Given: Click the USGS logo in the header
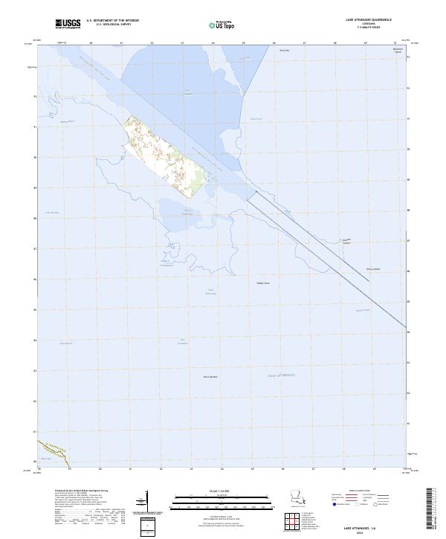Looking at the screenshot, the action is click(x=68, y=24).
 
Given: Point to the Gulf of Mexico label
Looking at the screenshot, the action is click(x=282, y=375).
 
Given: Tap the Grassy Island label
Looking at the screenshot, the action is click(x=372, y=269).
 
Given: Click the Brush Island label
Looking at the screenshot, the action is click(x=363, y=311).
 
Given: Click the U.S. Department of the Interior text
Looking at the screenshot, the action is click(x=113, y=21).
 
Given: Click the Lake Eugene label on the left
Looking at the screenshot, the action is click(x=66, y=343).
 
